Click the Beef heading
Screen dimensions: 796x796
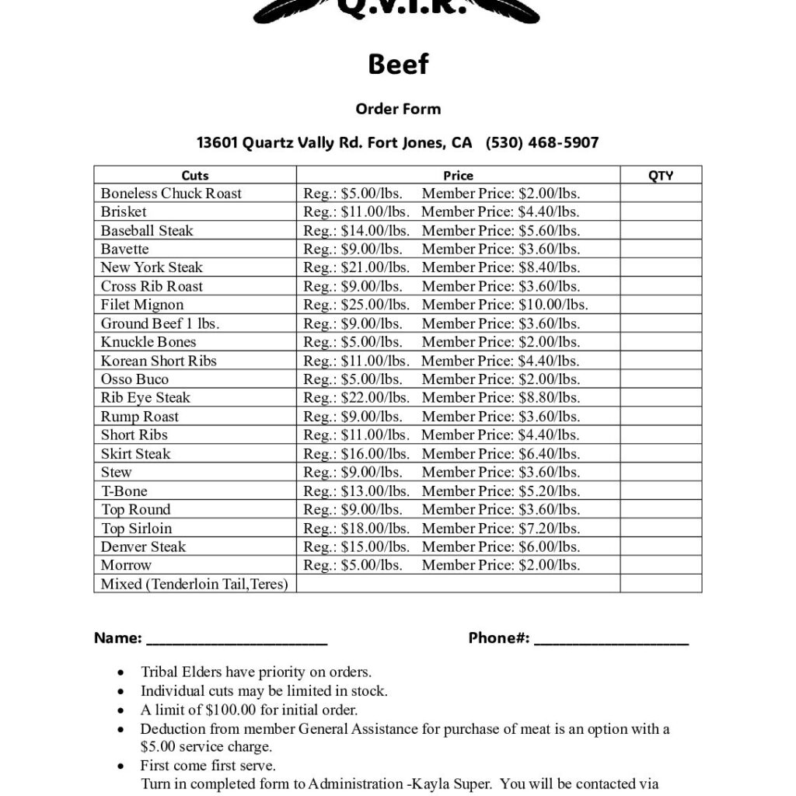point(397,65)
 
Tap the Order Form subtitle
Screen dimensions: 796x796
point(397,109)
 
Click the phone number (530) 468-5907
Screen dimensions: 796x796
point(542,143)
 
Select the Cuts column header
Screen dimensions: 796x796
point(195,176)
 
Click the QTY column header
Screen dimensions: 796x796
point(660,176)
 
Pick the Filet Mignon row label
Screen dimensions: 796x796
point(142,305)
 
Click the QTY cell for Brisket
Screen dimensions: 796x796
point(660,211)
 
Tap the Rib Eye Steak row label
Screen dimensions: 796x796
point(145,398)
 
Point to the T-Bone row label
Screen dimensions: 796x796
point(124,491)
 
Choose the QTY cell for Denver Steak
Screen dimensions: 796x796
point(660,546)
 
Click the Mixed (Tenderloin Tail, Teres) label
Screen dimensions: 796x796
point(194,584)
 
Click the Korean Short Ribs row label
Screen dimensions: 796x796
point(159,361)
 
